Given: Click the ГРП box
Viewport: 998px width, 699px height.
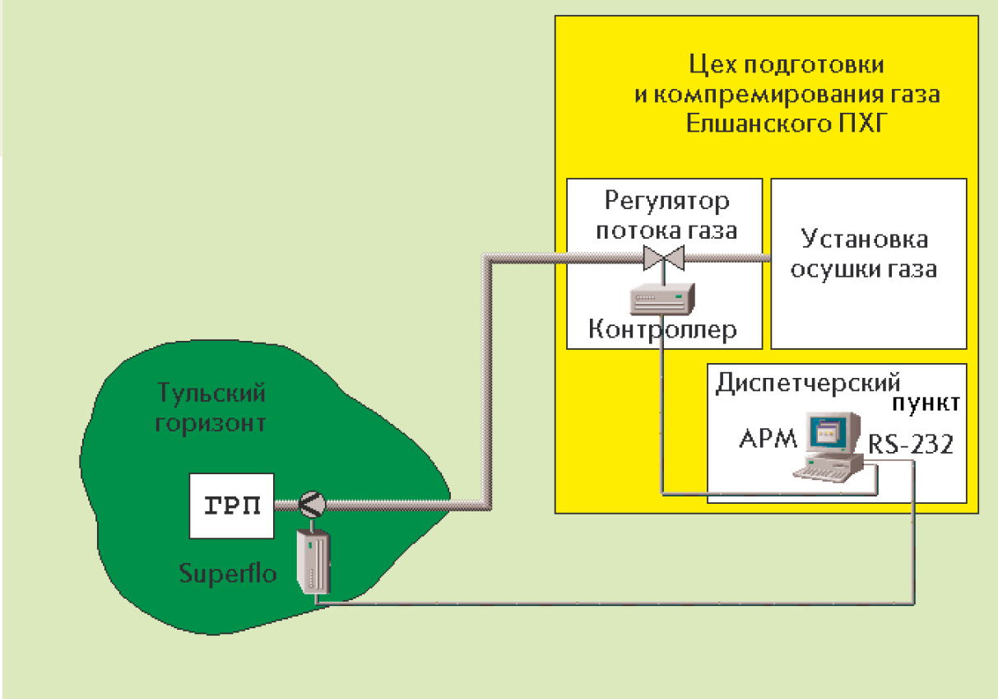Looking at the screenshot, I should coord(231,506).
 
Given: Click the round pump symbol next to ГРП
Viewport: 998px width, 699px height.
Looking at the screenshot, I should coord(311,503).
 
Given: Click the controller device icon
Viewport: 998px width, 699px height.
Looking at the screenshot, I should coord(663,298).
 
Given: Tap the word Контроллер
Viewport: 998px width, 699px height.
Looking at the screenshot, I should coord(663,330).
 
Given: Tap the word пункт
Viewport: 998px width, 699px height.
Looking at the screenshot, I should coord(926,404).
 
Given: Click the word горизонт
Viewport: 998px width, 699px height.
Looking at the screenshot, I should coord(212,424).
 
